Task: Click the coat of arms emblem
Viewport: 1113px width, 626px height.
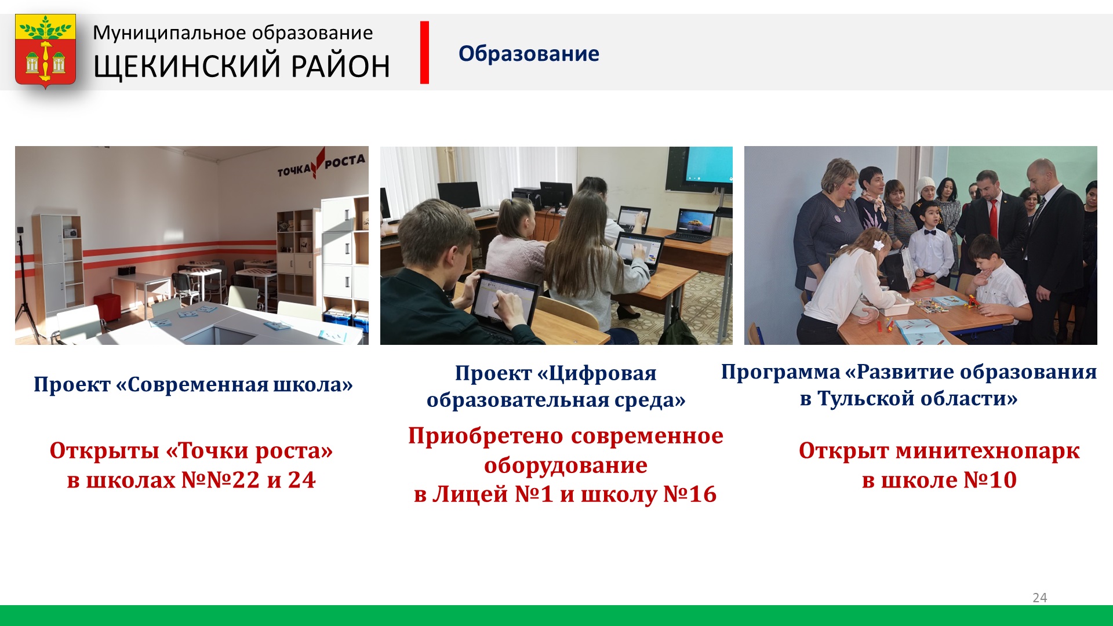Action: [x=45, y=51]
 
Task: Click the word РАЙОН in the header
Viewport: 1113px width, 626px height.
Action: [x=340, y=66]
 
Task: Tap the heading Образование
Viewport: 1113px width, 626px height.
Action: [x=529, y=53]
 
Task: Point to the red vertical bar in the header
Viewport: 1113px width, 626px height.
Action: [x=424, y=53]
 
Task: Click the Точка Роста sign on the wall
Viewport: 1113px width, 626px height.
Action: [x=321, y=164]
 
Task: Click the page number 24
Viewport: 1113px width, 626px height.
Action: [x=1040, y=598]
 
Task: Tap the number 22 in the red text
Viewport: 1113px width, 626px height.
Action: [x=246, y=480]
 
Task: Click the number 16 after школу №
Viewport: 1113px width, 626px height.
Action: [x=703, y=494]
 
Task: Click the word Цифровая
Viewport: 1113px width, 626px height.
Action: [x=602, y=373]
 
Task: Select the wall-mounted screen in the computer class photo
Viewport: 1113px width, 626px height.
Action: [x=699, y=169]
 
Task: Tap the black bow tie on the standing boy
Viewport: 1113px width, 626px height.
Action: [x=930, y=233]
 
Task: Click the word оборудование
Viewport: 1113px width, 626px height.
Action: [x=566, y=465]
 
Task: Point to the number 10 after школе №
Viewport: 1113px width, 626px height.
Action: [x=1003, y=480]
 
